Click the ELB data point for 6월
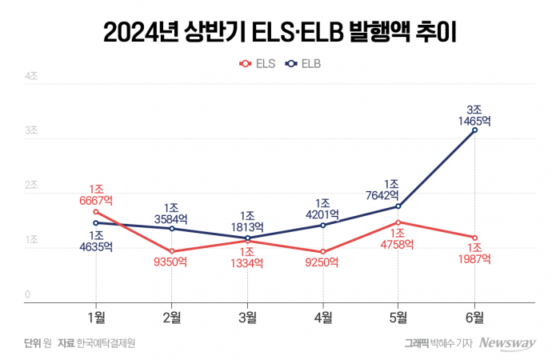pyautogui.click(x=475, y=130)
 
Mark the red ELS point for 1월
pyautogui.click(x=96, y=211)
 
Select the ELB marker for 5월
pyautogui.click(x=398, y=206)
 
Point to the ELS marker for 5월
pyautogui.click(x=398, y=222)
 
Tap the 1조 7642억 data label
pyautogui.click(x=398, y=190)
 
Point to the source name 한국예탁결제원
pyautogui.click(x=106, y=343)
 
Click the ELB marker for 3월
pyautogui.click(x=247, y=238)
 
